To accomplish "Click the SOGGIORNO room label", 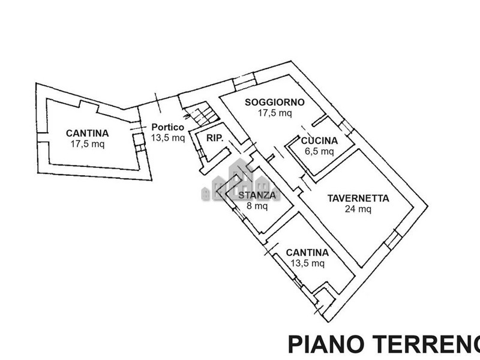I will click(x=275, y=102).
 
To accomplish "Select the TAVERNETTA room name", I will click(x=359, y=199).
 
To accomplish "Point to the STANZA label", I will click(x=257, y=196).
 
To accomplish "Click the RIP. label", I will click(x=215, y=138).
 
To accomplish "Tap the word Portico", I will click(x=167, y=127).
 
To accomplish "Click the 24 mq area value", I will click(x=358, y=209).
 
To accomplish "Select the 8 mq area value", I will click(x=257, y=206).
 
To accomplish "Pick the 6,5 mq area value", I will click(x=319, y=151).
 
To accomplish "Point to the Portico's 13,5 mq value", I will click(x=167, y=137).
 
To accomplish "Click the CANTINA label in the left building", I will click(x=87, y=133).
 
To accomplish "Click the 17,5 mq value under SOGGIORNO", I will click(x=275, y=112).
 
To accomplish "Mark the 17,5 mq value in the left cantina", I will click(x=87, y=144).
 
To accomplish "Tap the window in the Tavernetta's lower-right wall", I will click(x=391, y=240).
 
